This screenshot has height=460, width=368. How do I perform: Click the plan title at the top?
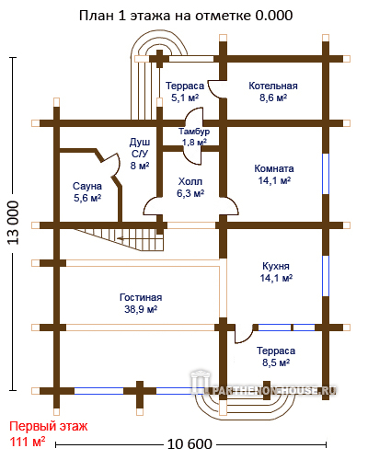pos(186,16)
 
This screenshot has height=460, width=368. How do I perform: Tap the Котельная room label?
pos(273,86)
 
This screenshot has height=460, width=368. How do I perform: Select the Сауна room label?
pos(87,186)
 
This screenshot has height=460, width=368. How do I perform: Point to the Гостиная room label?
pos(141,297)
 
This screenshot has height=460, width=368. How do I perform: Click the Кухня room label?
pos(276,266)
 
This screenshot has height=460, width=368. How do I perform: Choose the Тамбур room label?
pos(194,132)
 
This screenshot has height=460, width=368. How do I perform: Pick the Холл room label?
pos(190,181)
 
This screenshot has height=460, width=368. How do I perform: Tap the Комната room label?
pos(274,168)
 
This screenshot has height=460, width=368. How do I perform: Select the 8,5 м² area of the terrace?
pos(276,362)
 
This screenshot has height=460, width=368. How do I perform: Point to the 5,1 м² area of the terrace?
pos(185,98)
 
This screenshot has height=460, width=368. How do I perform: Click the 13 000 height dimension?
pos(14,223)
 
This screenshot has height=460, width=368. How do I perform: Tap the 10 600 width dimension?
pos(190,444)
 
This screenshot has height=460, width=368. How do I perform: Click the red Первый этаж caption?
pos(49,426)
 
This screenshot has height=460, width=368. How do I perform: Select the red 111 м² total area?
pos(28,442)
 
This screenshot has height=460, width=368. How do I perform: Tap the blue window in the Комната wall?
pos(326,174)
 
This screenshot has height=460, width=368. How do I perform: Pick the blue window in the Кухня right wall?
pos(326,276)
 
